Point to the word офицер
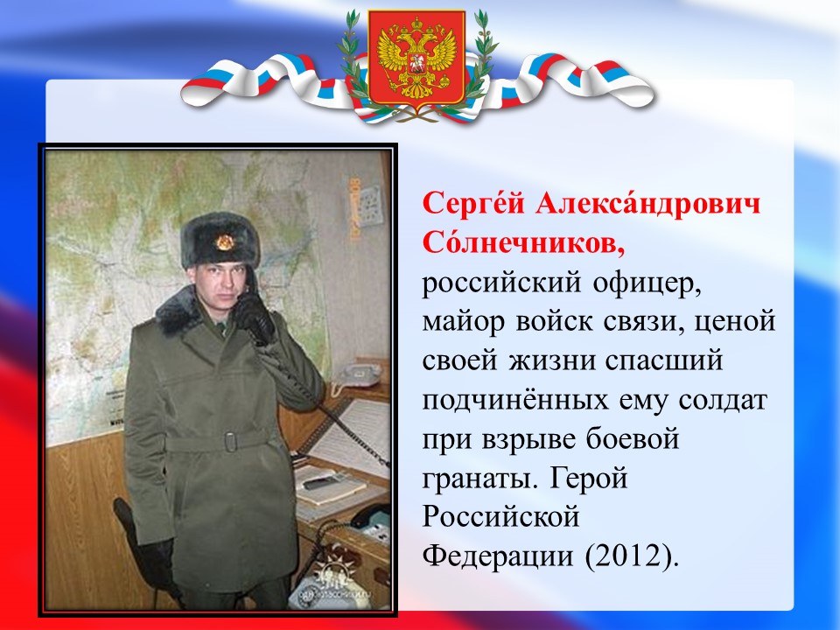(x=647, y=284)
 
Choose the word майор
(x=464, y=322)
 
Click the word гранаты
(x=479, y=479)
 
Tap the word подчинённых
(x=514, y=400)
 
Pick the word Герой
(x=588, y=478)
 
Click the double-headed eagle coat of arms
(x=416, y=59)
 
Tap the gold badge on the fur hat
(x=225, y=242)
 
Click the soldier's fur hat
(x=220, y=240)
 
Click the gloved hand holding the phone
(x=255, y=318)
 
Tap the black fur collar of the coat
(x=180, y=311)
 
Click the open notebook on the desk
(x=330, y=485)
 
